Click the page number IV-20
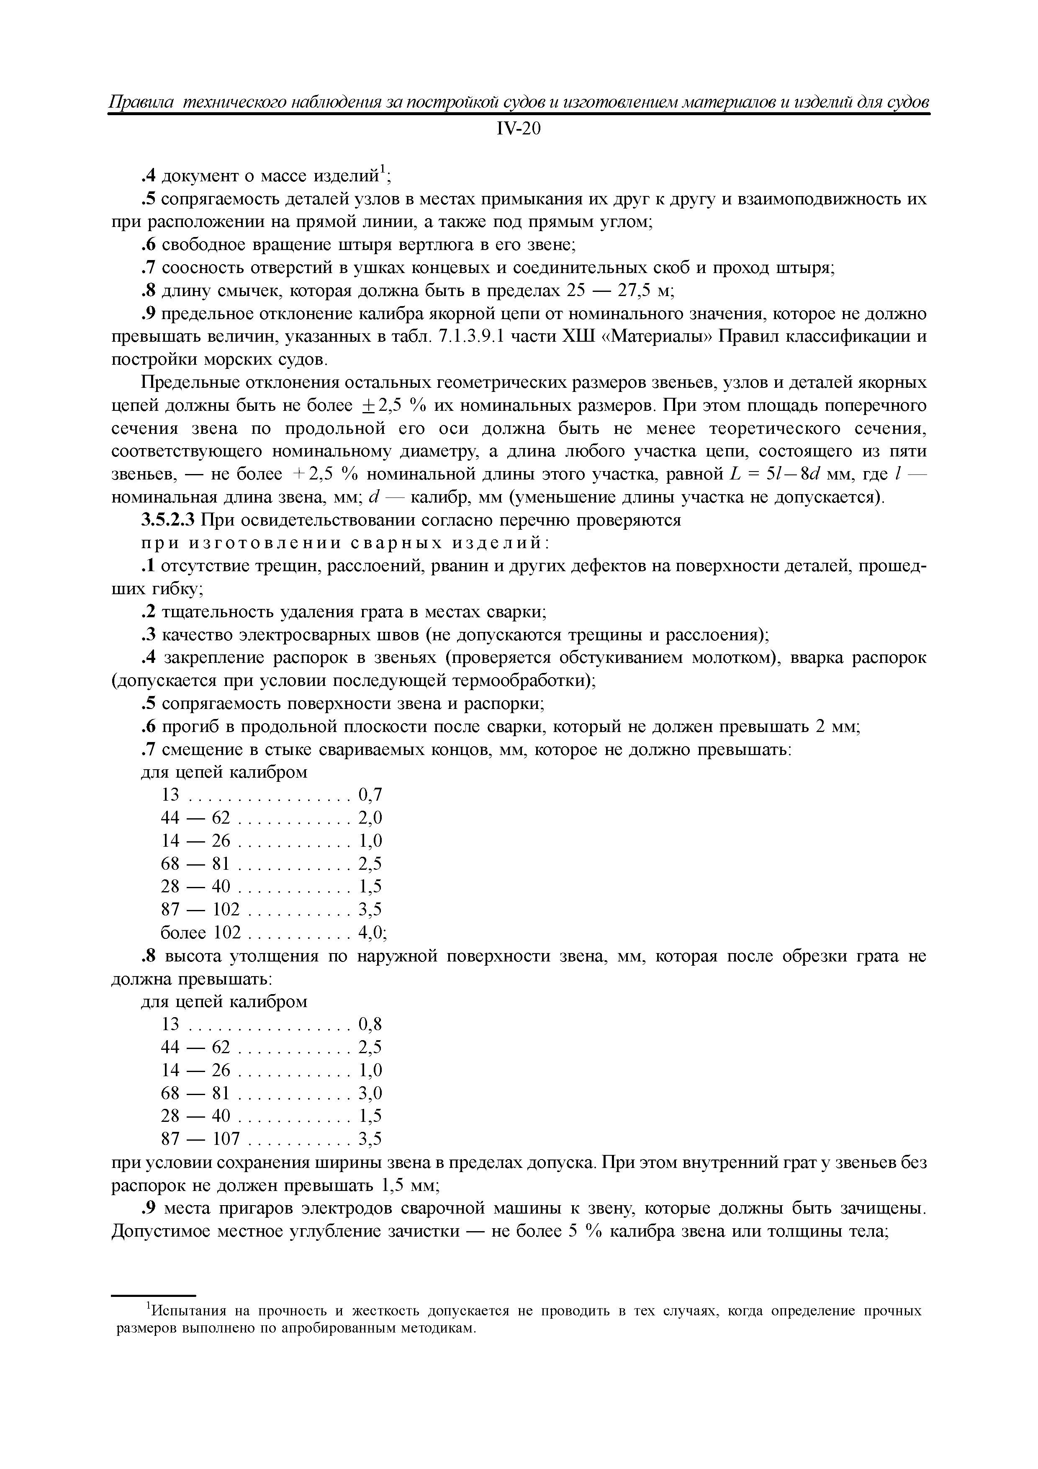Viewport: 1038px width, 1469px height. point(519,129)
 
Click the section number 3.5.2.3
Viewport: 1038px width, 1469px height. point(167,520)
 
